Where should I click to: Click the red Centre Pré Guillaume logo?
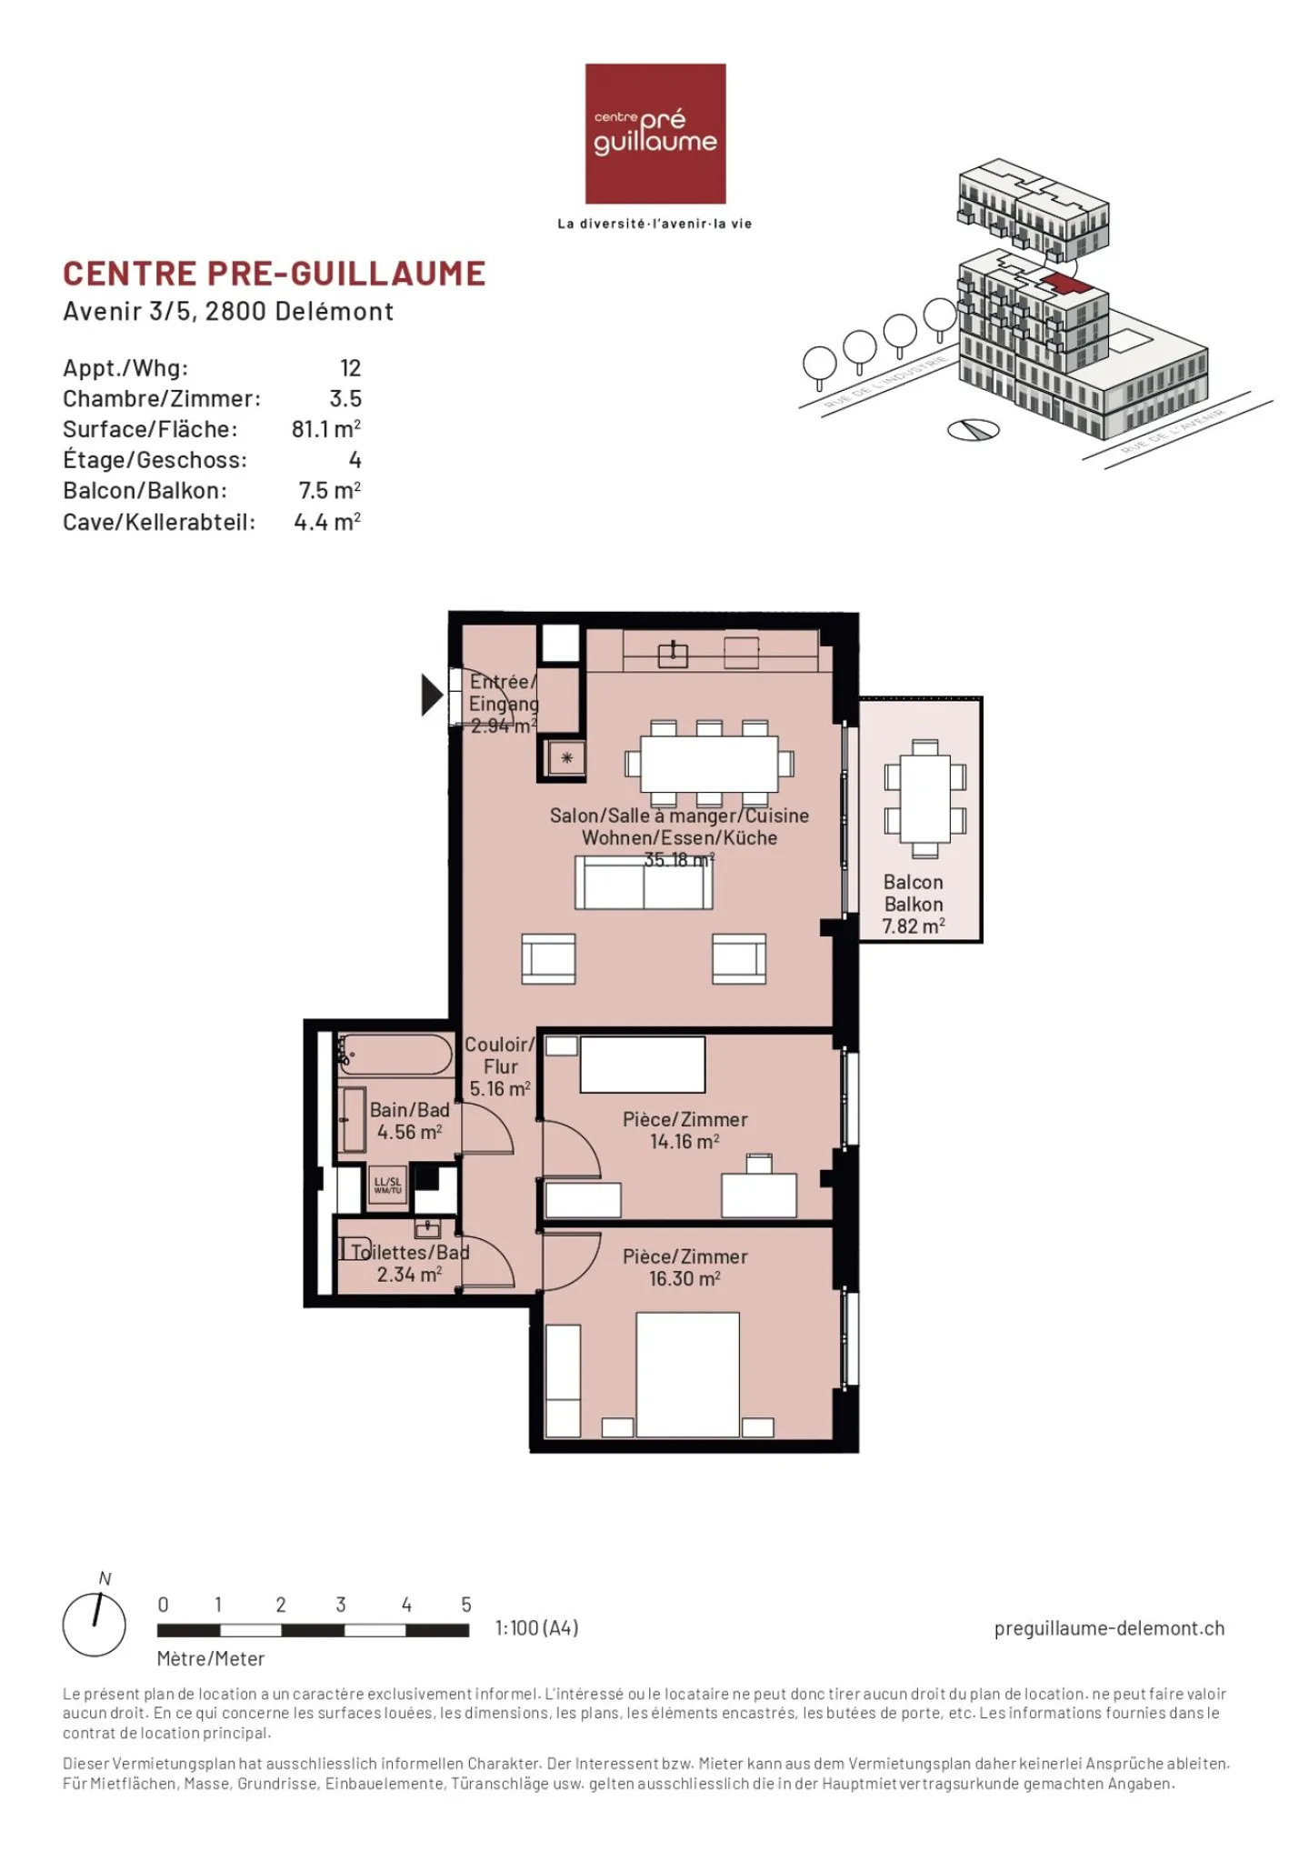pos(654,134)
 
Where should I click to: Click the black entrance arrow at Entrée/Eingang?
pos(431,695)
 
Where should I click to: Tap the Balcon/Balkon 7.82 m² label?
pos(913,904)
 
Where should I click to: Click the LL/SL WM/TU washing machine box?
pos(387,1186)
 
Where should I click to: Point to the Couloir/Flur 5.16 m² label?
pos(499,1066)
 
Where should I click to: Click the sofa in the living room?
pos(644,883)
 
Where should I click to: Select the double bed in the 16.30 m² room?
pos(687,1375)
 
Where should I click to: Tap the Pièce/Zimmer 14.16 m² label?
pos(684,1130)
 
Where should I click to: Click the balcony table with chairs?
pos(924,799)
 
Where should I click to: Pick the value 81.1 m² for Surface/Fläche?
pos(325,429)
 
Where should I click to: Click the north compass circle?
pos(95,1625)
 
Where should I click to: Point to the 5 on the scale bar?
pos(466,1605)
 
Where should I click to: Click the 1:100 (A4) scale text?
pos(536,1628)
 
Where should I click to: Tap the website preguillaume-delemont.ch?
pos(1109,1628)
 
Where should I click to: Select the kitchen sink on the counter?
pos(673,654)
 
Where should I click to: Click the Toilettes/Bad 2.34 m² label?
pos(410,1263)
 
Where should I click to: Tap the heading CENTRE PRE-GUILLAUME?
pos(275,274)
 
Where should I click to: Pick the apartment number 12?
pos(350,368)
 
